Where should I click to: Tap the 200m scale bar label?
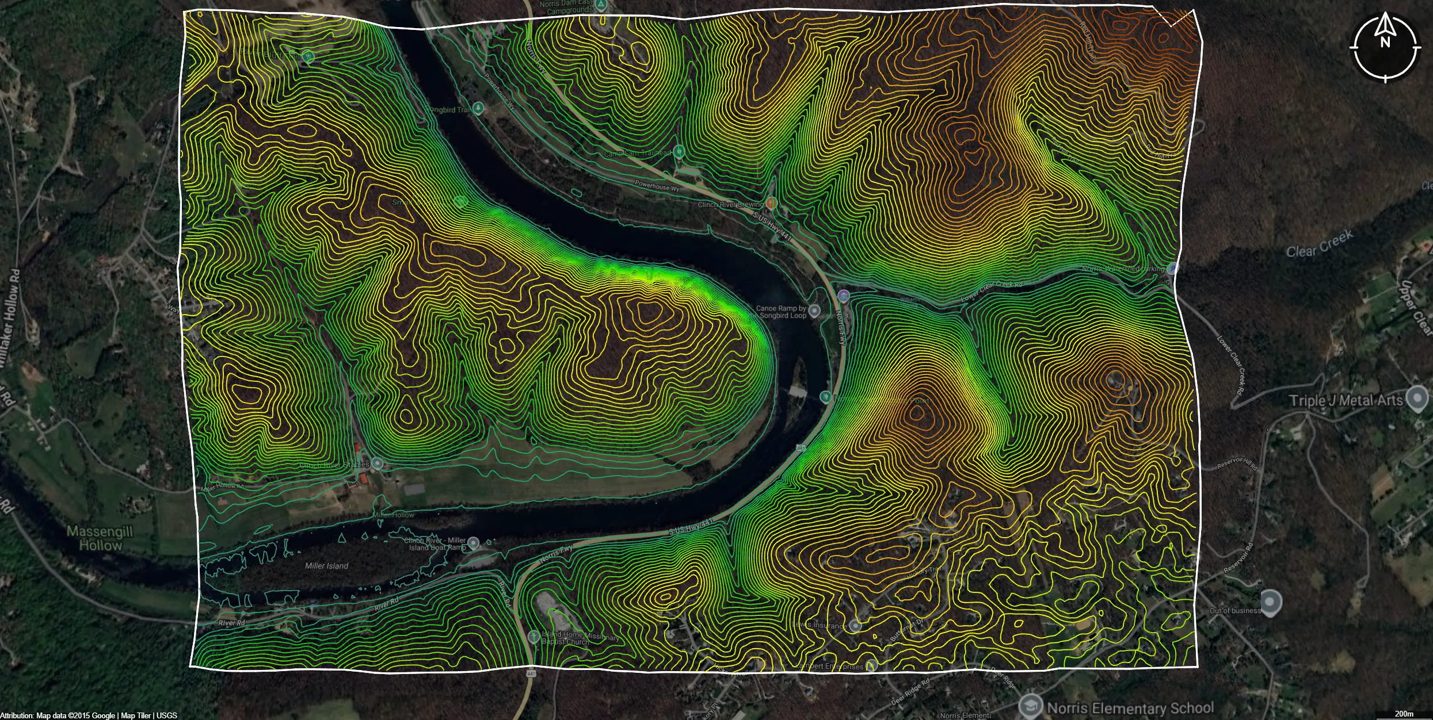coord(1404,714)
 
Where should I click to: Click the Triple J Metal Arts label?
coord(1346,401)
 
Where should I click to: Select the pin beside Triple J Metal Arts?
coord(1416,397)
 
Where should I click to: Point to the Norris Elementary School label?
coord(1130,707)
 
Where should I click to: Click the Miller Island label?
coord(326,566)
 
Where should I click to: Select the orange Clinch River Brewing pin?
coord(772,203)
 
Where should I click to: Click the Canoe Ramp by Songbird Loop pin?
coord(814,311)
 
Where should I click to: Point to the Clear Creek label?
coord(1319,244)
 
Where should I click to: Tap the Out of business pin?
coord(1271,602)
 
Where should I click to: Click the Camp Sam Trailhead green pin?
coord(679,152)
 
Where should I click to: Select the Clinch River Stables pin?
coord(377,463)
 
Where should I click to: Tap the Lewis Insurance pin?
coord(856,626)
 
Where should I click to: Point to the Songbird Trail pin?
coord(478,109)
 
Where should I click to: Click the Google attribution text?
coord(89,715)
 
